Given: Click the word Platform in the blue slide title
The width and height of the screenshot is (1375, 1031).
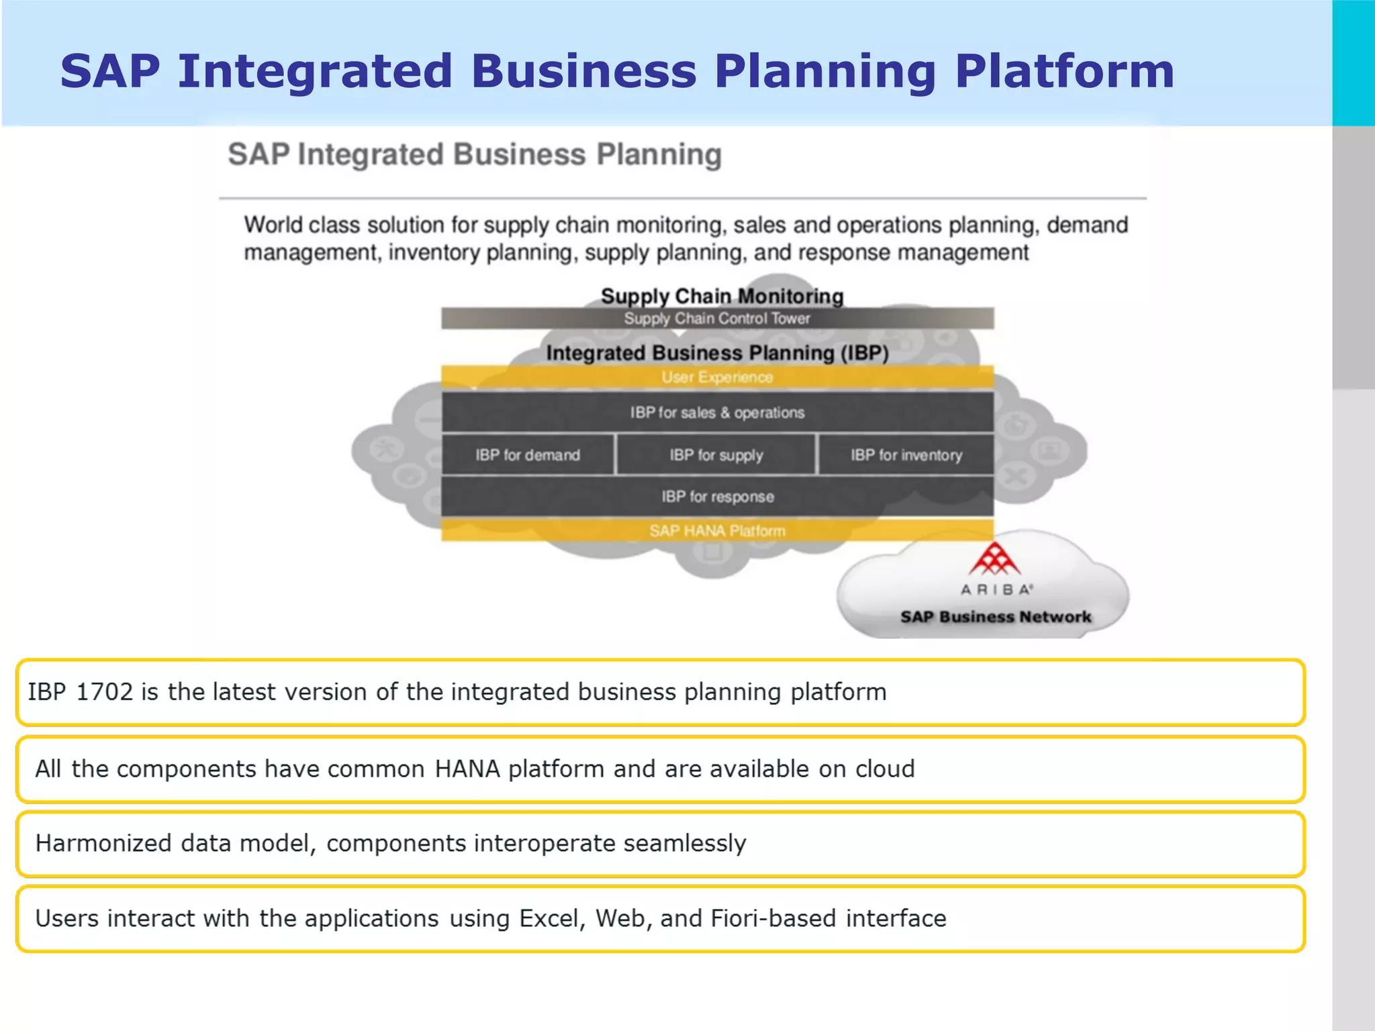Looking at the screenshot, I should [x=1064, y=72].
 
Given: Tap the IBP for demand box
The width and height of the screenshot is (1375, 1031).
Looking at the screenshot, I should [x=528, y=455].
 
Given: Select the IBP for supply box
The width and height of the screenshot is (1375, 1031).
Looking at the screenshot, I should [x=716, y=455].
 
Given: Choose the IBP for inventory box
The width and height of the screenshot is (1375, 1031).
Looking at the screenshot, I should [x=906, y=455].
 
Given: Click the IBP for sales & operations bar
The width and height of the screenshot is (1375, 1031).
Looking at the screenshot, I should [x=717, y=412].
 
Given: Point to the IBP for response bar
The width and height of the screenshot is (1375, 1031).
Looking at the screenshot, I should [x=717, y=497].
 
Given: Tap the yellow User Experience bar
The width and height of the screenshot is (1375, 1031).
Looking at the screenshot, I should [x=717, y=377].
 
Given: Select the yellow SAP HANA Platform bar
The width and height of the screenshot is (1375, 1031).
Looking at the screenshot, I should [x=717, y=531].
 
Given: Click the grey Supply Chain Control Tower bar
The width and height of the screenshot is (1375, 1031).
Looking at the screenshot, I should [x=717, y=318].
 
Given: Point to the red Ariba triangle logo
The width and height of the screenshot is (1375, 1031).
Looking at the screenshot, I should [x=994, y=560].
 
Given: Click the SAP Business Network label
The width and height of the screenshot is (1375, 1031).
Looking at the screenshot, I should [x=995, y=617].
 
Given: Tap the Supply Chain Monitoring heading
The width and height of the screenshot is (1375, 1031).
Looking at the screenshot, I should [x=722, y=296].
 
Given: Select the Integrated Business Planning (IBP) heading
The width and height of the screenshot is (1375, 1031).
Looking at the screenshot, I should [x=717, y=353].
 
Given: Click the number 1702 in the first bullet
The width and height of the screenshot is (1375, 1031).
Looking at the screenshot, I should [x=105, y=692].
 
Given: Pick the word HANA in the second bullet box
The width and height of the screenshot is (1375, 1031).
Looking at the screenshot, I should [x=467, y=769].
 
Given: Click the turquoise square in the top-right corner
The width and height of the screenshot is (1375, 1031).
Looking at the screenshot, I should [x=1353, y=62].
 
